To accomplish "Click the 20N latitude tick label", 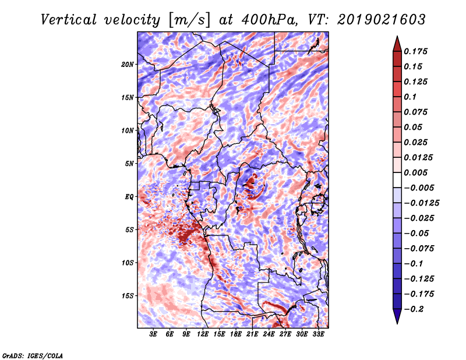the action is [x=128, y=65].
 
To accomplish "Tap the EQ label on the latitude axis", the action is [x=129, y=197].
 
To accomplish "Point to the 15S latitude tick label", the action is [x=128, y=296].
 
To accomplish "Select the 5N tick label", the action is [x=129, y=164].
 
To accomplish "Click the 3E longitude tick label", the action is [x=153, y=334].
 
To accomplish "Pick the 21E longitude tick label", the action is [x=252, y=334].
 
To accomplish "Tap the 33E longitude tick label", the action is [x=318, y=334].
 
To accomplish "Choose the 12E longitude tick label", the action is [x=203, y=334].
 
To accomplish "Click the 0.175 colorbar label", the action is [x=415, y=51].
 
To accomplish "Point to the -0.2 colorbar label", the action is [x=414, y=309].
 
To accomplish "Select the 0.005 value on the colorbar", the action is [x=415, y=172].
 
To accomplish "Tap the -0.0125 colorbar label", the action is [x=421, y=203].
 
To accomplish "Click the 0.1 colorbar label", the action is [x=410, y=97].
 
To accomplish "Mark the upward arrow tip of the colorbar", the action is [x=397, y=36].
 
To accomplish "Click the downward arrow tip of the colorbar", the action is [x=397, y=324].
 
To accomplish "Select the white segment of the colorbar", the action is [x=397, y=180].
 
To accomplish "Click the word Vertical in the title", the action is [x=69, y=20].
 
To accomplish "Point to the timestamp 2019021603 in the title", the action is [x=382, y=20].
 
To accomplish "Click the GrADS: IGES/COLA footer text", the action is [x=33, y=355].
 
